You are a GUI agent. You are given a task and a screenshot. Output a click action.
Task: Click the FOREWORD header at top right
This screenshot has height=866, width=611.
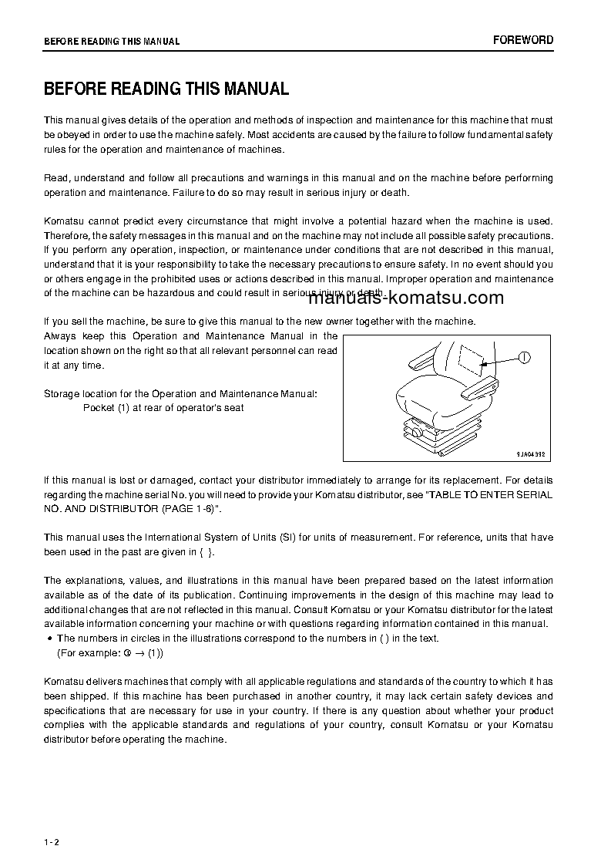coord(524,40)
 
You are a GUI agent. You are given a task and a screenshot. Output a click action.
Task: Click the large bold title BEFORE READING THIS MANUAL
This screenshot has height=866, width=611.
coord(166,89)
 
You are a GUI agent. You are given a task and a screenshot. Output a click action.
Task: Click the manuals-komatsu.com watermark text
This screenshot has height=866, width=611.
coord(406,298)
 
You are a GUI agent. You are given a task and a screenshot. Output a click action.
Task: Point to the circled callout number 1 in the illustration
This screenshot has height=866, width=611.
coord(524,357)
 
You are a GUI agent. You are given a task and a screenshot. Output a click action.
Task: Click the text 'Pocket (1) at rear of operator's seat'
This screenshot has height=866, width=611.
coord(163,408)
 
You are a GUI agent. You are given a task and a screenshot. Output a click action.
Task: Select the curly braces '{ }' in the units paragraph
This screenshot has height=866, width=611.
coord(204,552)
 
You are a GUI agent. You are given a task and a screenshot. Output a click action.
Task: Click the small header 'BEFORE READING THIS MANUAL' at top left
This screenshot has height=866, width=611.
coord(112,42)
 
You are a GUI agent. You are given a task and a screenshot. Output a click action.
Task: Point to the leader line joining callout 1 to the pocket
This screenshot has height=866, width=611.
coord(500,359)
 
